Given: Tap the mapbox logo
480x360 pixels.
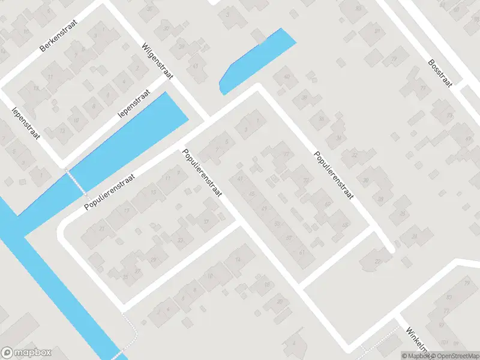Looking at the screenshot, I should tap(26, 353).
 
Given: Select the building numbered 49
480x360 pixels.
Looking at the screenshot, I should tap(265, 208).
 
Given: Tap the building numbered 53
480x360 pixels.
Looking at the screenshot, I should tap(290, 239).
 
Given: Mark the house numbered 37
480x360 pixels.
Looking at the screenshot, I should tap(207, 221).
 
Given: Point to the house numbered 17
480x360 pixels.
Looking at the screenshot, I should tap(126, 210).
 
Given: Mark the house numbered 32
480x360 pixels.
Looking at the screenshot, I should tap(355, 155).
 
